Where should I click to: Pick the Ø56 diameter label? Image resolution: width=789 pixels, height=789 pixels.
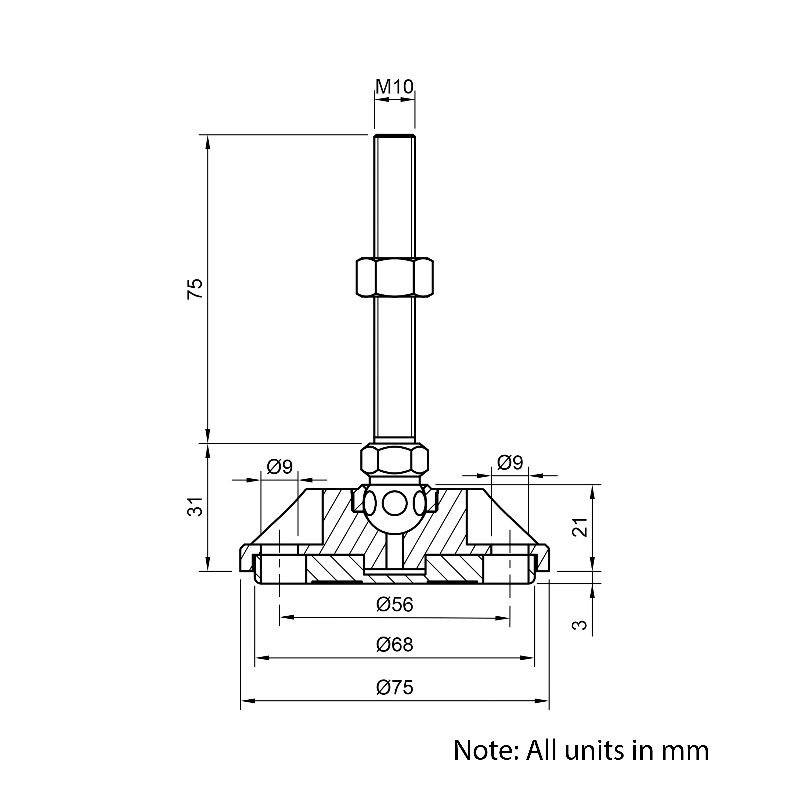point(394,604)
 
